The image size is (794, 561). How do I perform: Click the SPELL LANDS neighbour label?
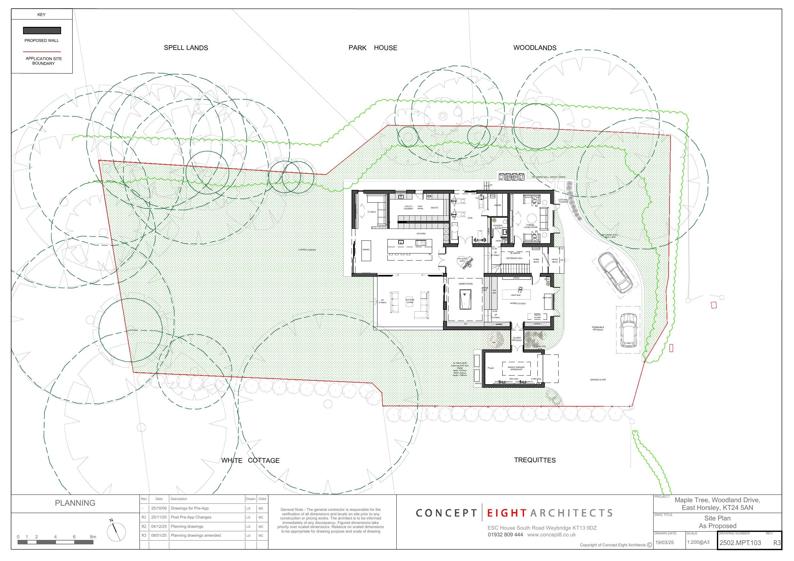click(186, 48)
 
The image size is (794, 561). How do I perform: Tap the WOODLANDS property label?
click(535, 48)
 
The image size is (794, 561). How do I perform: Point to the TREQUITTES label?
click(535, 460)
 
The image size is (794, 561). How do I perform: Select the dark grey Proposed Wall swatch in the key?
click(42, 31)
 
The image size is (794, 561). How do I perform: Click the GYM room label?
click(470, 218)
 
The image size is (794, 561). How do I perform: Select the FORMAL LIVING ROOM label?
click(530, 226)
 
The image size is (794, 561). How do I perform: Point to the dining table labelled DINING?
click(366, 250)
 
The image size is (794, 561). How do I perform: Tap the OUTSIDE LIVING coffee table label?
click(410, 301)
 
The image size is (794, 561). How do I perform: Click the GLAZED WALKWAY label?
click(517, 339)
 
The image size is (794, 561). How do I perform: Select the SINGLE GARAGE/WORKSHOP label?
click(516, 369)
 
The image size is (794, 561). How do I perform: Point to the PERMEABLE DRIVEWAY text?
click(598, 328)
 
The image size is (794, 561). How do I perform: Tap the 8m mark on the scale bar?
click(93, 537)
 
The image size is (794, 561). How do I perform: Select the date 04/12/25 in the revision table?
click(159, 526)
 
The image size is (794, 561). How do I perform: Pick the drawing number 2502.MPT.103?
click(740, 543)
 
